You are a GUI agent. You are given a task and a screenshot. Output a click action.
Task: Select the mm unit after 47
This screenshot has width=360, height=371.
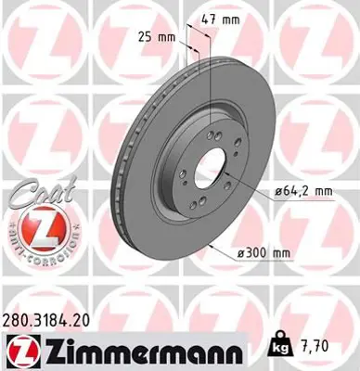click(x=235, y=18)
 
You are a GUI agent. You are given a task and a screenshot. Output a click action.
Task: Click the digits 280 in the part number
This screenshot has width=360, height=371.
click(x=17, y=319)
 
